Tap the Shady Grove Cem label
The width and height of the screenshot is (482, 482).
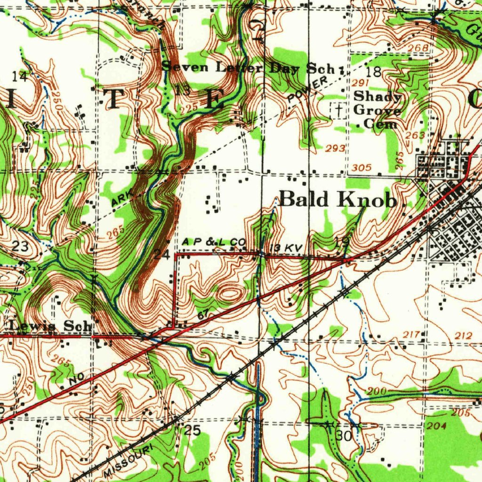[378, 110]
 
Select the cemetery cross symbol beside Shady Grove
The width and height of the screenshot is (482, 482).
[337, 110]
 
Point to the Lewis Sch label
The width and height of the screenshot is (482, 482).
[50, 326]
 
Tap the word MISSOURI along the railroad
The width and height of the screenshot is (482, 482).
[129, 461]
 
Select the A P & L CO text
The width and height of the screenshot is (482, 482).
[214, 242]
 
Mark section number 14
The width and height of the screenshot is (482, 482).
[19, 76]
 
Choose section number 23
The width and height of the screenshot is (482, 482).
[20, 246]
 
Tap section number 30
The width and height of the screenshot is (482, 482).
[344, 436]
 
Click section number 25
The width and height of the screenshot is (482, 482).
[193, 430]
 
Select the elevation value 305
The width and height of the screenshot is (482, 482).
[361, 168]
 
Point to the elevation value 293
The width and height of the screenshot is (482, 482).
[335, 149]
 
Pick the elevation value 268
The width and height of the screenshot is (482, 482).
[418, 48]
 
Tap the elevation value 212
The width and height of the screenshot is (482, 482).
[463, 336]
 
